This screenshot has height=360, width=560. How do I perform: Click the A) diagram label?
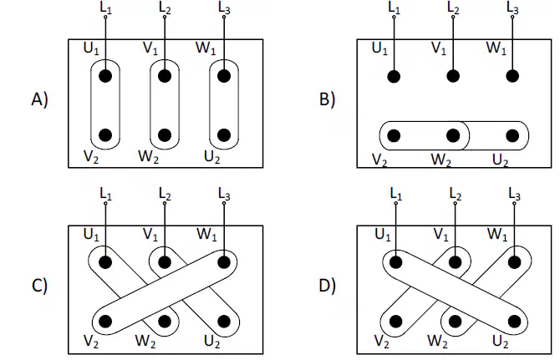pos(39,99)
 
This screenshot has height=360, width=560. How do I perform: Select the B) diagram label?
pos(327,99)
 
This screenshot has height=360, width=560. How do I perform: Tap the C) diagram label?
pos(39,286)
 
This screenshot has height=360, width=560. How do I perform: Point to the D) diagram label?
pos(327,286)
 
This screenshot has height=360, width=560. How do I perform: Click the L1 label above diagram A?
pos(106,8)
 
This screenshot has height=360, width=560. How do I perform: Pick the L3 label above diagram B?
pos(513,8)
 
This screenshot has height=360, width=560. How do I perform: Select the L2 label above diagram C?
pos(165,195)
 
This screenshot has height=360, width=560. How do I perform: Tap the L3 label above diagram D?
pos(515,195)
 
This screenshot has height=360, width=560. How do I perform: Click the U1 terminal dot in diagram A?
pos(105,76)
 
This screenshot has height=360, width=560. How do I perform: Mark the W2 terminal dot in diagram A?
pos(165,135)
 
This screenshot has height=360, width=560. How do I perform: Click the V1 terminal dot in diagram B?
pos(453,76)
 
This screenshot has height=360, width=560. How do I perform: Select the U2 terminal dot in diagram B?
pos(512,135)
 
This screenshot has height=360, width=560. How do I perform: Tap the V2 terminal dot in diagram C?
pos(105,322)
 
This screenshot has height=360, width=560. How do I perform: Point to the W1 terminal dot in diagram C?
pos(224,262)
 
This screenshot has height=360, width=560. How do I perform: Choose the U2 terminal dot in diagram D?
pos(514,322)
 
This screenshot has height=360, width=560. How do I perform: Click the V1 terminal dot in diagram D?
pos(455,262)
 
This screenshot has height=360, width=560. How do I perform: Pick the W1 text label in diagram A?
pos(206,48)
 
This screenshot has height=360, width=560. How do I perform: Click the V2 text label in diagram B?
pos(379,160)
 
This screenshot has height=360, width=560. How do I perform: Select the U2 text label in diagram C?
pos(212,342)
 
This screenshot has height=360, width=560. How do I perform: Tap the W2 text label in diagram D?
pos(437,342)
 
